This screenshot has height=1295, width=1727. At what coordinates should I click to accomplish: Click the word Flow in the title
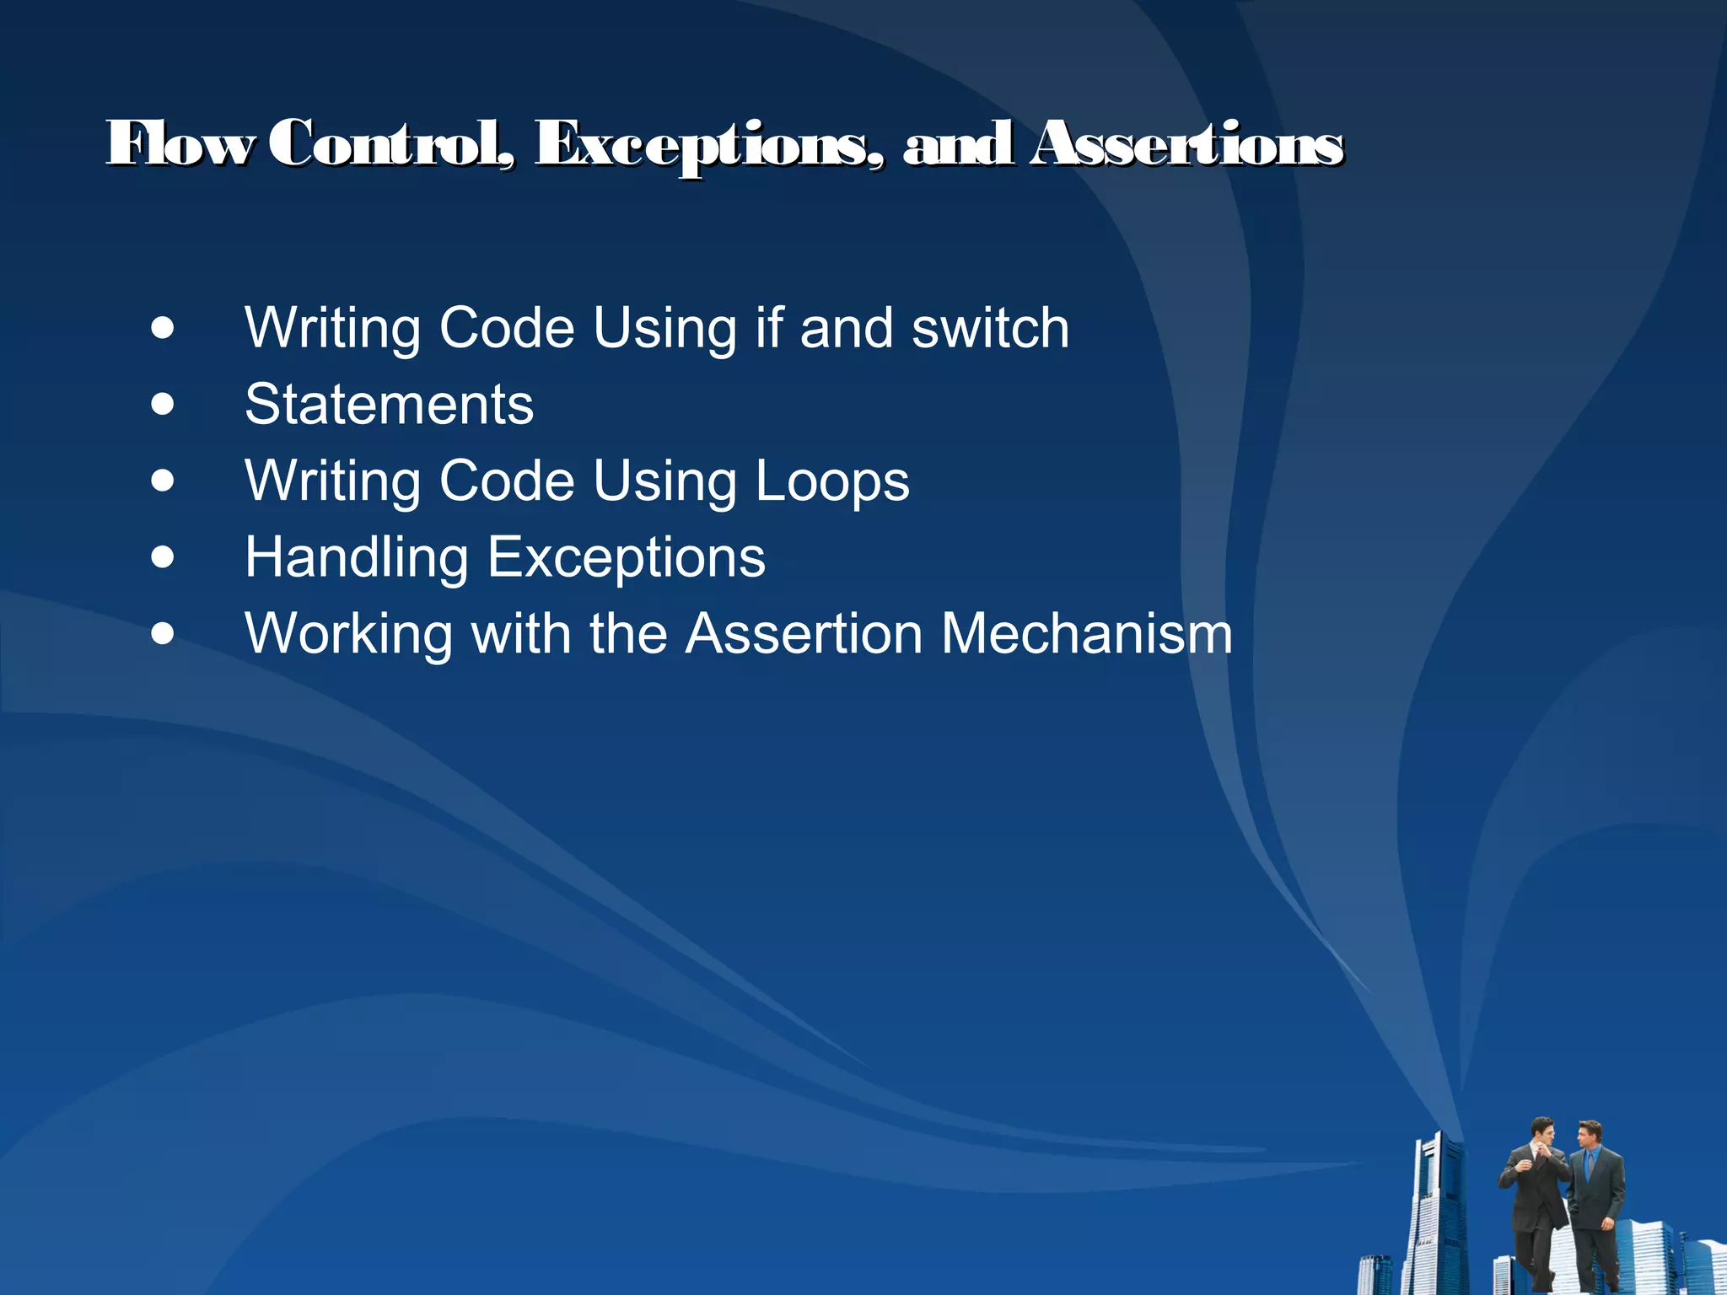point(179,143)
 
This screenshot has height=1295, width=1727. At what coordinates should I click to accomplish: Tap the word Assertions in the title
point(1187,143)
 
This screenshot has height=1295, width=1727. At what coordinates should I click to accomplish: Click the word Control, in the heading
point(391,143)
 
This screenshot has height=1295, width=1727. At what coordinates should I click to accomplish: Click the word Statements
point(389,405)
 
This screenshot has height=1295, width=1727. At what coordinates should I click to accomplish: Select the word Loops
point(831,481)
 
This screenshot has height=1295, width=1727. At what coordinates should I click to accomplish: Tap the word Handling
point(356,558)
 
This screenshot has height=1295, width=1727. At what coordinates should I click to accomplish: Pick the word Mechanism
point(1086,634)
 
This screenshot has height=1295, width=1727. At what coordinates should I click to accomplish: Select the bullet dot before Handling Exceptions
point(163,557)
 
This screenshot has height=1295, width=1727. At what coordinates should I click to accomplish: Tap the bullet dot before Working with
point(163,634)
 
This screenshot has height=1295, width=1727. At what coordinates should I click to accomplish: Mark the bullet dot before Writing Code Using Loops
point(163,481)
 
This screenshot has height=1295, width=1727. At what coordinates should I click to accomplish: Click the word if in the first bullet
point(769,328)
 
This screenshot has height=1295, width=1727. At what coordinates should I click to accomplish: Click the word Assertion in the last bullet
point(804,634)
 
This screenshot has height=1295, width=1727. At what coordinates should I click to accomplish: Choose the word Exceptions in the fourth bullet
point(627,558)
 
